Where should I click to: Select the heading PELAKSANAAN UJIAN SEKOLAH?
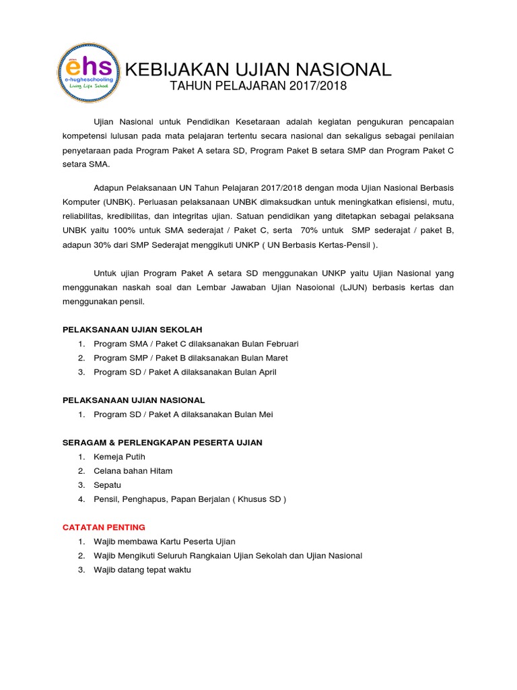pyautogui.click(x=132, y=330)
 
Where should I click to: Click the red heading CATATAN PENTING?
pyautogui.click(x=104, y=527)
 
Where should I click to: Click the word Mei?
pyautogui.click(x=265, y=414)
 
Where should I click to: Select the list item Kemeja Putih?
pyautogui.click(x=119, y=457)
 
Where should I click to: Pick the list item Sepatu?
pyautogui.click(x=108, y=485)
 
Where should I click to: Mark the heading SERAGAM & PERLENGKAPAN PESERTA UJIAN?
pyautogui.click(x=162, y=443)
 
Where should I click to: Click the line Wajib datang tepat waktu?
pyautogui.click(x=142, y=569)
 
